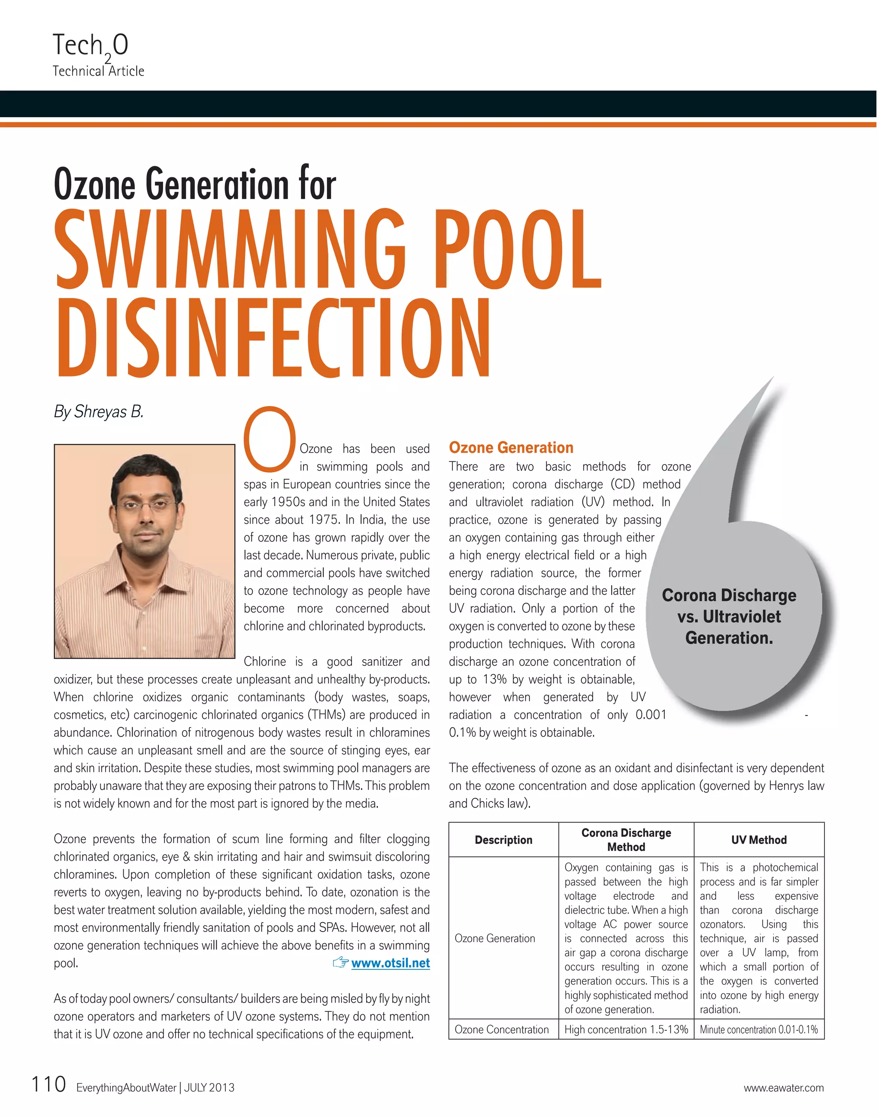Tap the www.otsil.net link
pos(390,963)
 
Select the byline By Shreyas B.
pos(99,412)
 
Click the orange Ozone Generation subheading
pos(511,447)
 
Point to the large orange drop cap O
pos(269,439)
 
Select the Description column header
pos(503,840)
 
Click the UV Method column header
pos(758,840)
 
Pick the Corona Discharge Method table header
pos(626,840)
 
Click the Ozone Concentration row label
pos(502,1029)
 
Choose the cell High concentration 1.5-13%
pos(626,1029)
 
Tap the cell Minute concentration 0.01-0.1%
pos(758,1029)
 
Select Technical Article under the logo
pos(98,71)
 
